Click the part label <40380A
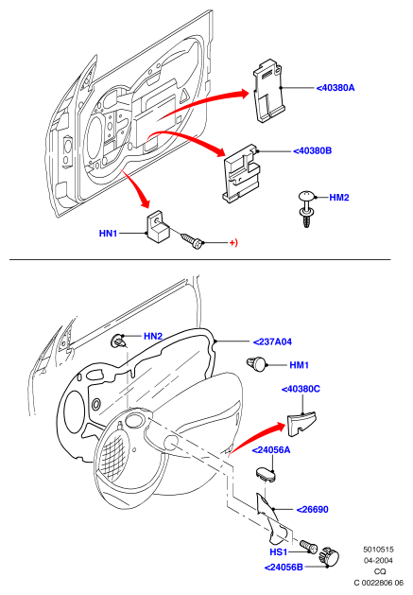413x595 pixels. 336,88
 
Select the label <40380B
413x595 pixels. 313,151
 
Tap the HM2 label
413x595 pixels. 339,198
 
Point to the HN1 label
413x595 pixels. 108,234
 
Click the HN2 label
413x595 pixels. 153,336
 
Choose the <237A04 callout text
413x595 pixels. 273,341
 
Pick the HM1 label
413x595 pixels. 300,365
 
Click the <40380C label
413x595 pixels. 301,390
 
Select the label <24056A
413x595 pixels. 271,450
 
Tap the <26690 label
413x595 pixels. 312,510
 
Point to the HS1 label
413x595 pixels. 279,551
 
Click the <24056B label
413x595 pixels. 284,568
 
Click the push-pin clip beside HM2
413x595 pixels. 306,209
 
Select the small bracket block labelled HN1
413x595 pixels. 158,226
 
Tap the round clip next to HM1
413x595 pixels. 257,363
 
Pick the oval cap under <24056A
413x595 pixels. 265,474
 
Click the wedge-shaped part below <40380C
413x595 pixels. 301,424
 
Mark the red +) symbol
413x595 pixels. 233,242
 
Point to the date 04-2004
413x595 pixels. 378,560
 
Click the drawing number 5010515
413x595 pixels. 378,549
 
